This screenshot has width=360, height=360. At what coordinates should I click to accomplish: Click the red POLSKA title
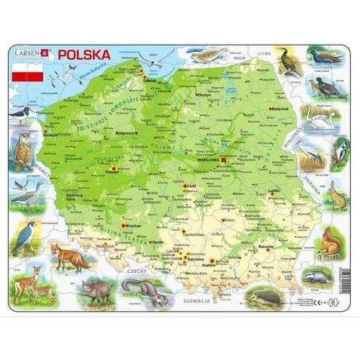[x=84, y=53]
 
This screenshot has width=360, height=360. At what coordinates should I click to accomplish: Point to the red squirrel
[x=330, y=242]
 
